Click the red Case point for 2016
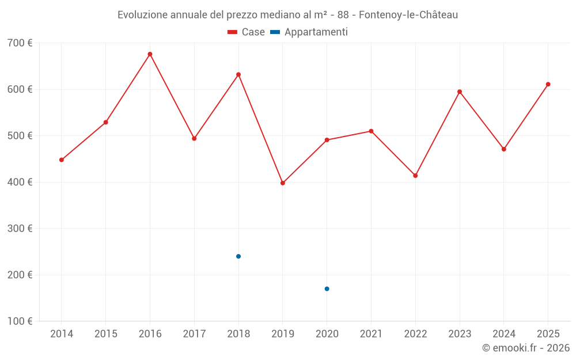point(150,54)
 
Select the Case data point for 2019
point(283,183)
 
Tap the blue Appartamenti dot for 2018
point(238,256)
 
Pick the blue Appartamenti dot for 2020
point(327,289)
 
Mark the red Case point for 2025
point(548,84)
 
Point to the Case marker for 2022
point(415,176)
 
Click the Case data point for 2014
point(62,160)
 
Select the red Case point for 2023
point(460,92)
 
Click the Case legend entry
point(247,32)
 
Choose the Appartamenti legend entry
point(309,32)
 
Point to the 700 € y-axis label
point(20,43)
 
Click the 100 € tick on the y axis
point(20,321)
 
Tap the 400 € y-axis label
point(20,182)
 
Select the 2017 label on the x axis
point(194,334)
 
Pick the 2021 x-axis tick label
point(371,334)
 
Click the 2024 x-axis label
point(503,334)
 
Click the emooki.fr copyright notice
point(525,348)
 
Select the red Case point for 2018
point(238,74)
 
